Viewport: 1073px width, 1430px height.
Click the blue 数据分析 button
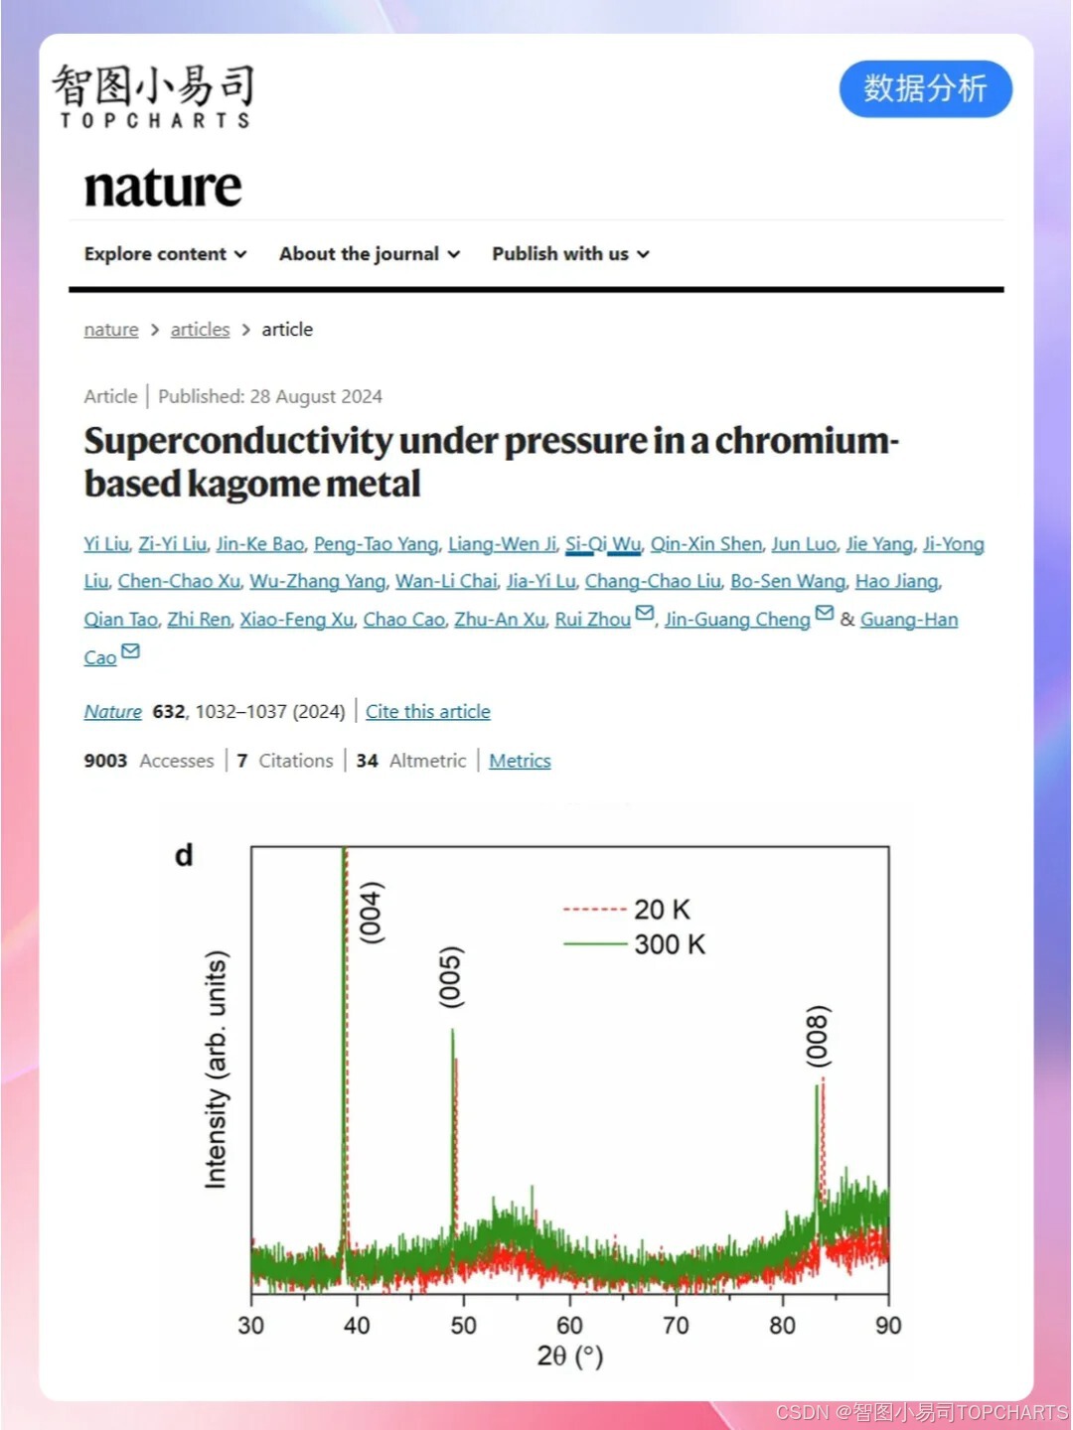coord(925,89)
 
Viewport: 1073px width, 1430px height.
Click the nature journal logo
coord(163,187)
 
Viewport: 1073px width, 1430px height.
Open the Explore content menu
coord(165,254)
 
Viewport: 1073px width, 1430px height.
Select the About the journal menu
coord(369,254)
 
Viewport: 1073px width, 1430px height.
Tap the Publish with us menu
coord(570,254)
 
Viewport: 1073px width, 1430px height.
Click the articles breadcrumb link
coord(200,330)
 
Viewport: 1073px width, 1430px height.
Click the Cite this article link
coord(427,712)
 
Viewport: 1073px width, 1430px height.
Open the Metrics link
coord(520,761)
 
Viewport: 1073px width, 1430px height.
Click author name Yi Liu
coord(106,544)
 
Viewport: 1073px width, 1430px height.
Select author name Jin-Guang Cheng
coord(737,620)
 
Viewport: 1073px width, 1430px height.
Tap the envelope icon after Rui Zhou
coord(645,614)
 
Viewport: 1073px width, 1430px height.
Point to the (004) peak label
coord(371,912)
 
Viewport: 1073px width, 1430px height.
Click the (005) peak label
coord(451,977)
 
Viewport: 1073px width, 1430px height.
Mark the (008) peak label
coord(817,1037)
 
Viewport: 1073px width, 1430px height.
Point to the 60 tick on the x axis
coord(569,1325)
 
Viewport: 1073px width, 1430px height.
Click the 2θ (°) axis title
coord(569,1357)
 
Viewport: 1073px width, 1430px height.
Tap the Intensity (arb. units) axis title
coord(216,1069)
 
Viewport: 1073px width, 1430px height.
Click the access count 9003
coord(105,761)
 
